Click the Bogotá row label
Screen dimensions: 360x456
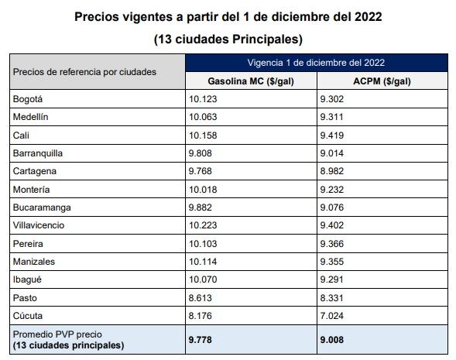click(28, 99)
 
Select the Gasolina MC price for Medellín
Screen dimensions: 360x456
click(204, 117)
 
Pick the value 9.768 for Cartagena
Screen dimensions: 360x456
click(201, 171)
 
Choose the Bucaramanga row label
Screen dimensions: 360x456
click(43, 207)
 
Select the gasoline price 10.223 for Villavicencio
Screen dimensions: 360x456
click(204, 225)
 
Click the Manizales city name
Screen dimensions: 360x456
click(34, 262)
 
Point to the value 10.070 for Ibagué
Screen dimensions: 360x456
click(204, 279)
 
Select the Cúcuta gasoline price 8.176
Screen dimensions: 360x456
click(201, 316)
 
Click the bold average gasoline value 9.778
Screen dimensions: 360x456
click(202, 338)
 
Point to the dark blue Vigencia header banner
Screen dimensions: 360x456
click(316, 62)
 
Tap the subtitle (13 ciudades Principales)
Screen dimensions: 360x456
click(228, 38)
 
